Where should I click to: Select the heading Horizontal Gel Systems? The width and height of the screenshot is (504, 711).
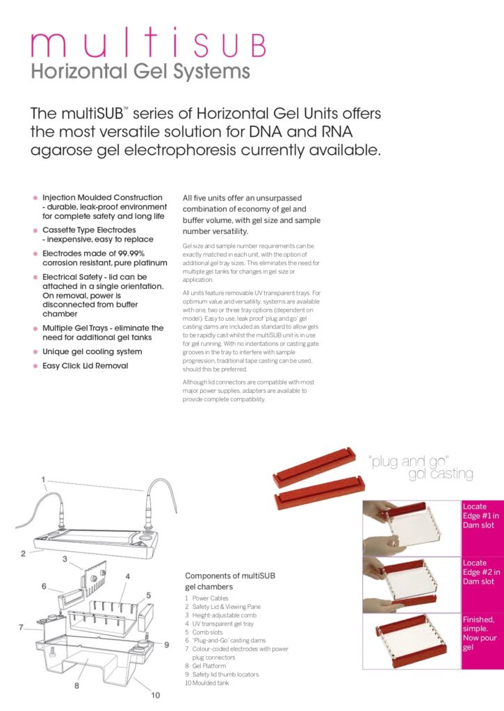click(x=140, y=71)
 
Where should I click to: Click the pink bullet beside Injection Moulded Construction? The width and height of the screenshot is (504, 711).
click(x=35, y=198)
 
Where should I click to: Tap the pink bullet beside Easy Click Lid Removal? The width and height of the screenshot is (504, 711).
click(x=35, y=366)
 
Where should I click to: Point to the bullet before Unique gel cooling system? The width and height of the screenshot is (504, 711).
click(x=35, y=352)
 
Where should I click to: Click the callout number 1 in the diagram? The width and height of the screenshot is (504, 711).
click(x=43, y=479)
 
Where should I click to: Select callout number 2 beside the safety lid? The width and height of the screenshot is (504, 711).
click(x=23, y=553)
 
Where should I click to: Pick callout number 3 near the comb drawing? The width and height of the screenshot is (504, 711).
click(x=65, y=558)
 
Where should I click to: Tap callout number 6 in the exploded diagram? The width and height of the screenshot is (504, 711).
click(x=43, y=586)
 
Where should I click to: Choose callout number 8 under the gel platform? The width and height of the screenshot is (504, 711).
click(x=76, y=685)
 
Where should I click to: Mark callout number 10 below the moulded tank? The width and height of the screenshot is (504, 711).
click(x=156, y=695)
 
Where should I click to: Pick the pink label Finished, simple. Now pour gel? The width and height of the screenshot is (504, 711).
click(x=480, y=633)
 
